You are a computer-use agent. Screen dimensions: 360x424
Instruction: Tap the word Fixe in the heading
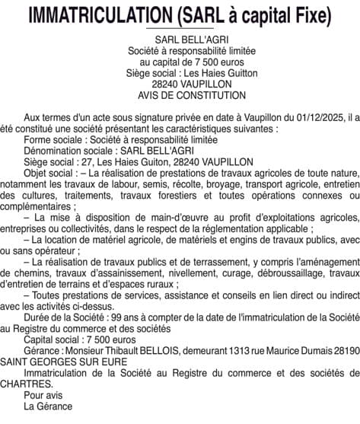[x=308, y=14]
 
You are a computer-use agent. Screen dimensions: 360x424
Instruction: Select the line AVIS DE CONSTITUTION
[x=181, y=96]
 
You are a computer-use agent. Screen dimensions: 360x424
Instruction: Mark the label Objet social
[x=50, y=173]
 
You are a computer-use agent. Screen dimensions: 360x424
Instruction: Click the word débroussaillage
[x=292, y=273]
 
